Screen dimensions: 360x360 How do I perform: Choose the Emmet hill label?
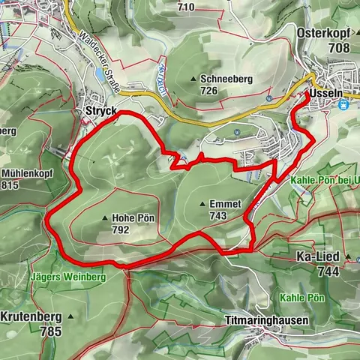(226, 203)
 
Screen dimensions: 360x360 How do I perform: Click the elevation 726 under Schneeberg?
(208, 90)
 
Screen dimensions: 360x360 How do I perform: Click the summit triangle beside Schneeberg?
(194, 78)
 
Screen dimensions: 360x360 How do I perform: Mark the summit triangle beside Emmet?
(203, 203)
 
